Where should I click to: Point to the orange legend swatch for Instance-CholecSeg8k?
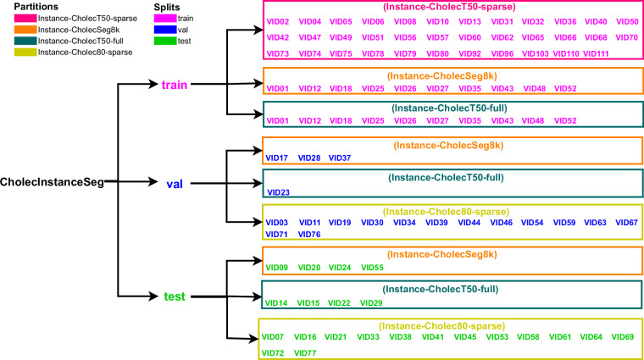13,29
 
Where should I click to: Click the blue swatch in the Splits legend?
141,29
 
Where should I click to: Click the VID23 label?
278,192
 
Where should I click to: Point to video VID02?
278,21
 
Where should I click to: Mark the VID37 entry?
339,158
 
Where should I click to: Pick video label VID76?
309,234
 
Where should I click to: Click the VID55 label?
372,268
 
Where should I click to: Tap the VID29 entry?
372,302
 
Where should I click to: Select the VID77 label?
306,352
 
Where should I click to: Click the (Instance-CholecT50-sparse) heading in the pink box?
452,7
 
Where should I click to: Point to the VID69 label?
622,337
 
